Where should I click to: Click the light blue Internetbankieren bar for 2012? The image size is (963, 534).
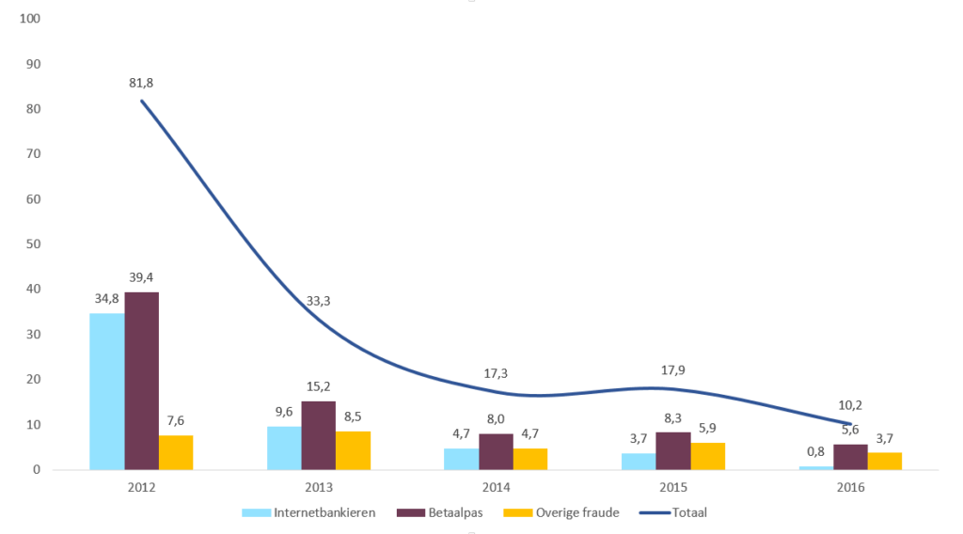point(107,391)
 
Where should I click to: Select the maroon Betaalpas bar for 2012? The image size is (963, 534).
point(142,381)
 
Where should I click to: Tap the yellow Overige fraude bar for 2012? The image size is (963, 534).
point(176,452)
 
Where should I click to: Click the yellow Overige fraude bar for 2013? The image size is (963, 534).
point(354,450)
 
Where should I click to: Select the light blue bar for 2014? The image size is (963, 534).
point(461,459)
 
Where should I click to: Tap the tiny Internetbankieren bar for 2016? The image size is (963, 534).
point(816,467)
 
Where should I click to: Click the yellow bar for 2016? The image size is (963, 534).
point(885,461)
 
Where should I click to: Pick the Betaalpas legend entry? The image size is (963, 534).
point(436,512)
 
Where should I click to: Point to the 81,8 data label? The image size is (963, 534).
point(141,83)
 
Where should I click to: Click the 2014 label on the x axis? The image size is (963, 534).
point(496,487)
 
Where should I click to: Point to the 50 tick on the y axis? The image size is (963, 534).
point(35,244)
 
